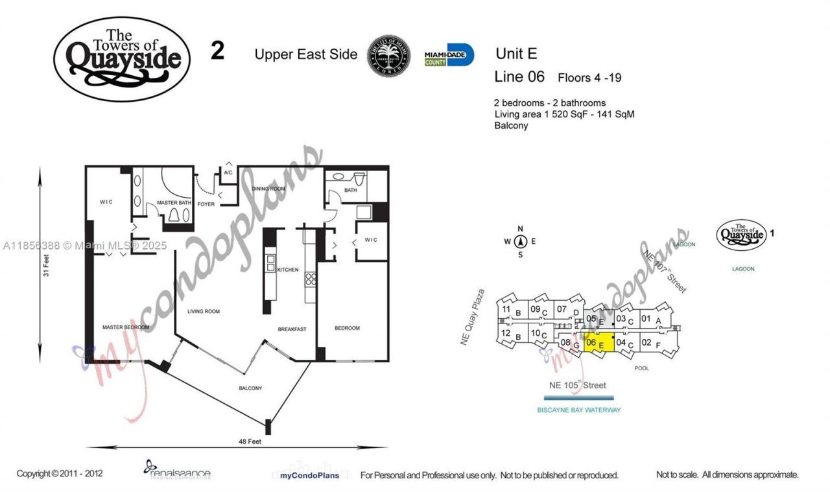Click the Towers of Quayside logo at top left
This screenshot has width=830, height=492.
click(x=122, y=59)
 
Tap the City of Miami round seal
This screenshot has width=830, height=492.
click(x=389, y=56)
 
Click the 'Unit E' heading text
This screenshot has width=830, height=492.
click(x=516, y=54)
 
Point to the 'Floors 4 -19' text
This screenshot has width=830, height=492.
click(x=589, y=78)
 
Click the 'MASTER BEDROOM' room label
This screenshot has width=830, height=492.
click(x=126, y=327)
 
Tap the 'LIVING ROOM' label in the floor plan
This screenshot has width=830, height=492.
click(x=203, y=311)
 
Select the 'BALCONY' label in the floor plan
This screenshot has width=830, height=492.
click(x=250, y=388)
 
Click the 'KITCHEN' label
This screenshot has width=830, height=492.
click(x=288, y=270)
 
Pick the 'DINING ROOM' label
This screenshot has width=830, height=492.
click(x=268, y=189)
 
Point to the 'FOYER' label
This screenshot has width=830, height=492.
click(x=207, y=205)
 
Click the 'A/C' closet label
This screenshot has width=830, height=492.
click(x=228, y=173)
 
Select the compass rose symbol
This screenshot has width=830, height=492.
click(x=520, y=242)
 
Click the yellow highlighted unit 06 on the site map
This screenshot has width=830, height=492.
click(x=599, y=342)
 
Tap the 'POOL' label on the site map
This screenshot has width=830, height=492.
click(x=642, y=368)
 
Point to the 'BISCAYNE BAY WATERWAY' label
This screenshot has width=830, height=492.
click(x=579, y=410)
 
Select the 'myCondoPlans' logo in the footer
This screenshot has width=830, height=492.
click(x=305, y=475)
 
